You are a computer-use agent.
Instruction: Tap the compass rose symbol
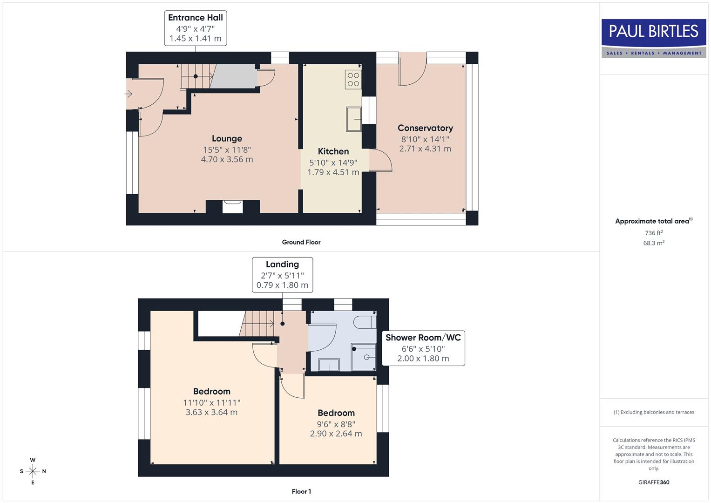[33, 471]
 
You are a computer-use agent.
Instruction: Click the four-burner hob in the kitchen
[353, 80]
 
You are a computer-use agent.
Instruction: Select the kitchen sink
[353, 119]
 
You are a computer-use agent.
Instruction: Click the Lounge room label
[227, 138]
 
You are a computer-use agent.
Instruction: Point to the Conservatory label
[425, 128]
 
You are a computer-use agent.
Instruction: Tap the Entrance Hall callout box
[196, 28]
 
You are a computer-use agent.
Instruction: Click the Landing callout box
[282, 274]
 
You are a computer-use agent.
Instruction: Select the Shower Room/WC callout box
[423, 348]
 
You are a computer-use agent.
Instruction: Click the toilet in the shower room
[365, 322]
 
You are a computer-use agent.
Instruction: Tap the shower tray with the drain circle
[364, 357]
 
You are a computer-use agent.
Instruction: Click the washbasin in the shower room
[329, 365]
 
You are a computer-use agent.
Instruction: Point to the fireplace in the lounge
[232, 206]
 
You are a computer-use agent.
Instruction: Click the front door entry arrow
[129, 94]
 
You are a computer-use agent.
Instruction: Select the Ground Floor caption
[301, 242]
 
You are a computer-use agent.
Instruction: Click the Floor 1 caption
[301, 491]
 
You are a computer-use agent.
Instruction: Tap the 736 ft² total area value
[653, 233]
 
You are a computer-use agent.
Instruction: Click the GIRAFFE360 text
[653, 482]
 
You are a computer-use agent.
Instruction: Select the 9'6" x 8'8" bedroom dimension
[336, 424]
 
